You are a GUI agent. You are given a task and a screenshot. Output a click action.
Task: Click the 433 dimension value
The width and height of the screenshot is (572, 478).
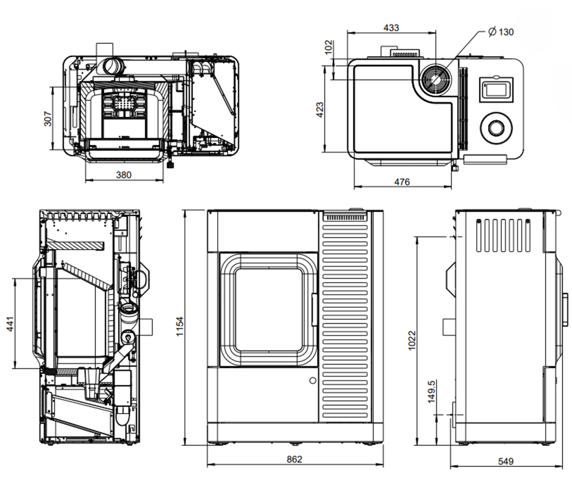(x=391, y=28)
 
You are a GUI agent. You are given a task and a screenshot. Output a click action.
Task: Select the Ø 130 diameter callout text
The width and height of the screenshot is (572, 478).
(x=501, y=32)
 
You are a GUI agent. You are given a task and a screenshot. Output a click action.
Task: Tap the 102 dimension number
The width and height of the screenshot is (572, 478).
(x=329, y=47)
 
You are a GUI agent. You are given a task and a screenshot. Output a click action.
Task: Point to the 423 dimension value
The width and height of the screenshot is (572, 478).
(x=320, y=110)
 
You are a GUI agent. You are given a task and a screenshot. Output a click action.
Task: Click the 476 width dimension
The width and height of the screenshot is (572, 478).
(x=402, y=182)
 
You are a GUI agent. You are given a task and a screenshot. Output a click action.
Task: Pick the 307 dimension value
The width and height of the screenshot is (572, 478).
(x=48, y=119)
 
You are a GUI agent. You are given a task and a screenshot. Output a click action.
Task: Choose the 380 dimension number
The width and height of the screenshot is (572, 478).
(x=123, y=175)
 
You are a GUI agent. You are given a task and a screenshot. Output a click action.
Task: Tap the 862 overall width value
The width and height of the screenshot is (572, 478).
(x=294, y=459)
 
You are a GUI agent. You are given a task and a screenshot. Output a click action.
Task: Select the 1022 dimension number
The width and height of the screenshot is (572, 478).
(x=412, y=340)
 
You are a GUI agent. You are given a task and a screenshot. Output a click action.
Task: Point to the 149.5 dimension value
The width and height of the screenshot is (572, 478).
(x=431, y=392)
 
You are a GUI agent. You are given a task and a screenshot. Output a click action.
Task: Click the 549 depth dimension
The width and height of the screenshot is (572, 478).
(x=505, y=461)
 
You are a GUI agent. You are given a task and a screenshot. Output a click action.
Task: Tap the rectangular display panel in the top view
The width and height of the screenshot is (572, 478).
(x=496, y=89)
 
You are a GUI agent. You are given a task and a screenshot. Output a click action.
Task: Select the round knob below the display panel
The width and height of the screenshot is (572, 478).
(x=496, y=127)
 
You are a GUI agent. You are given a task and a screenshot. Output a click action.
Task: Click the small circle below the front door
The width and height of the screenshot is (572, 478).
(x=313, y=380)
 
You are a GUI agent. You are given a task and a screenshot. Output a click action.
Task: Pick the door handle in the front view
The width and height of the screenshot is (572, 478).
(x=315, y=310)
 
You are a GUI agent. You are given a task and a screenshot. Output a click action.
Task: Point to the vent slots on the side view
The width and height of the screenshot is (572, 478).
(x=503, y=236)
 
